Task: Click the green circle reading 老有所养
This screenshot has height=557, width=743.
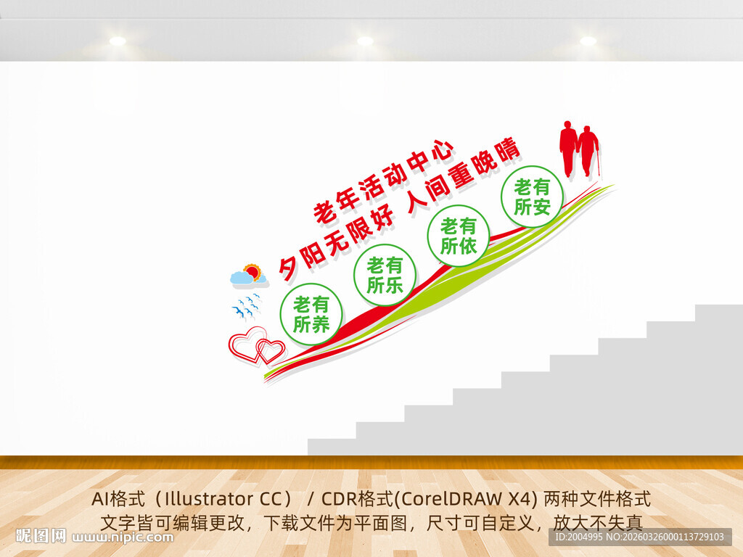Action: pos(311,314)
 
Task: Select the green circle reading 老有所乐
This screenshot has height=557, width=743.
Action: pos(385,275)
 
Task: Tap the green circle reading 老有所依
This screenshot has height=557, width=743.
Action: pos(459,236)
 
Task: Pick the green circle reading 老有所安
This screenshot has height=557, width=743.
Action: pos(532,197)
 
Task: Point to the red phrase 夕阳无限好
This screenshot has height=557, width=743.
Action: pos(337,234)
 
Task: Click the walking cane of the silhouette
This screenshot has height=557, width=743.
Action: pos(599,165)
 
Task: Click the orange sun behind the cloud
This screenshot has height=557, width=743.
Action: pos(253,271)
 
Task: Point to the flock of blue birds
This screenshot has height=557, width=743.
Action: pos(247,307)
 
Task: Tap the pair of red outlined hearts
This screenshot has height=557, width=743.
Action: pos(256,345)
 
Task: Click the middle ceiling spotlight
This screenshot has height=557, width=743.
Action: pos(365,41)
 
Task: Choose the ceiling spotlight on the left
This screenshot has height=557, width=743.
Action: pos(118,41)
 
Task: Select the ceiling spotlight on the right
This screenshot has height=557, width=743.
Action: pos(588,41)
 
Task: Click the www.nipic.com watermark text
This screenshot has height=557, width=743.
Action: pos(123,537)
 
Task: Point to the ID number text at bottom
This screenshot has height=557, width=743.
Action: pos(639,537)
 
